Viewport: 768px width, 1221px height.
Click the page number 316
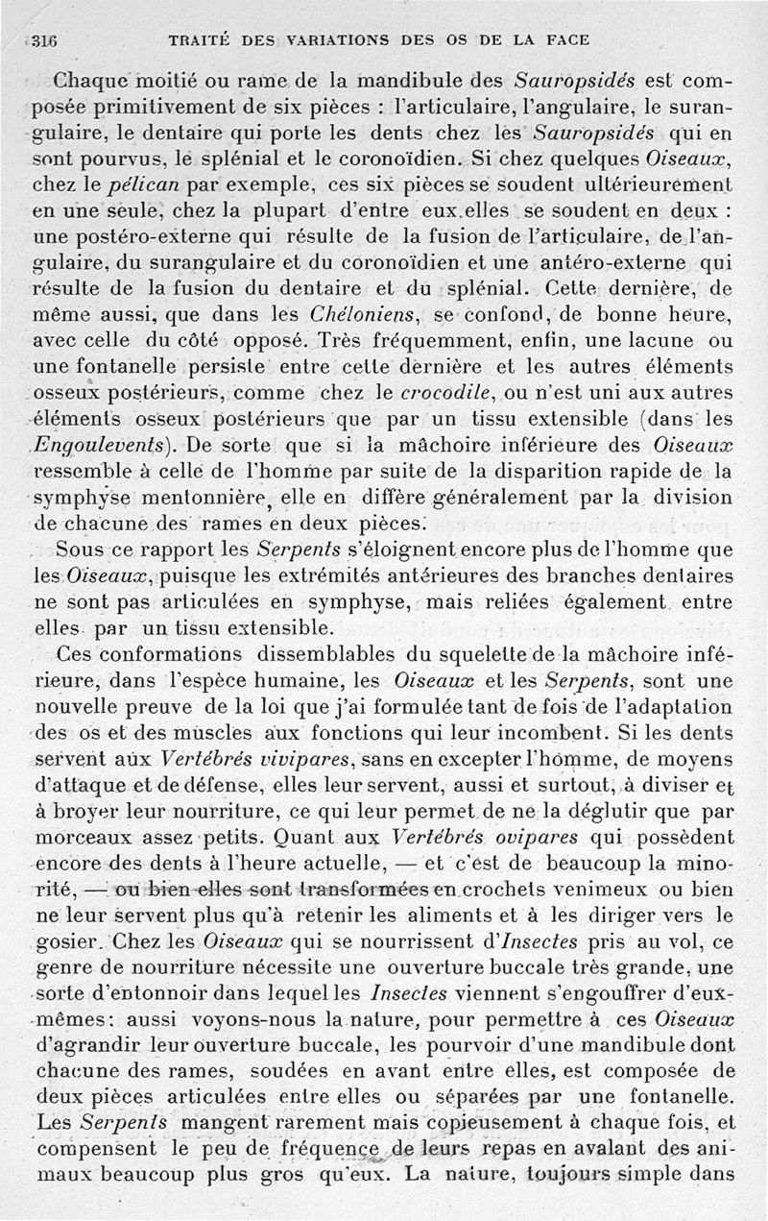tap(45, 40)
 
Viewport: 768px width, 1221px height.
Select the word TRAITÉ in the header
tap(198, 40)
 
